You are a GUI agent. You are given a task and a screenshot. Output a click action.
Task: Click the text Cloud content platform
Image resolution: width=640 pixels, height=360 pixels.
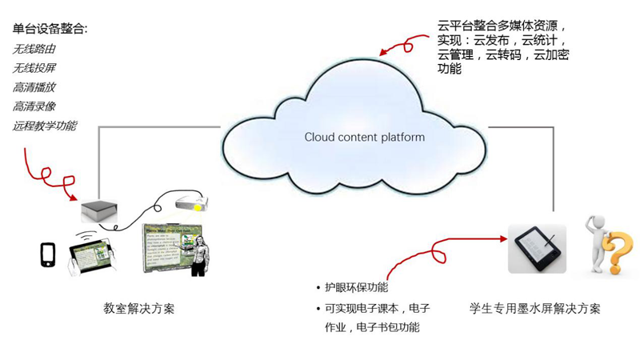pos(364,137)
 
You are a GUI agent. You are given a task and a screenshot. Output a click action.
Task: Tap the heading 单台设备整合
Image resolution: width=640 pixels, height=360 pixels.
pos(50,30)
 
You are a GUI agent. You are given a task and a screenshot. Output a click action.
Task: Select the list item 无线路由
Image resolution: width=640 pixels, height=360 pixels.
pos(34,49)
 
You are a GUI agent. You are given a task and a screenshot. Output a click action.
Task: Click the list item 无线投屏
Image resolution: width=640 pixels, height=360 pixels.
pos(34,68)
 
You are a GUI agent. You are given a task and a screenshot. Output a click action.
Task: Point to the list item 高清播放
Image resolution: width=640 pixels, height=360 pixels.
pos(34,87)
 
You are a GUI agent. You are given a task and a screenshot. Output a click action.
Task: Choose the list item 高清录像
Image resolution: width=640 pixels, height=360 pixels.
pos(34,106)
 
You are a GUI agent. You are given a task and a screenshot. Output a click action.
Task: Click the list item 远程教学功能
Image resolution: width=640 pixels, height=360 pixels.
pos(45,126)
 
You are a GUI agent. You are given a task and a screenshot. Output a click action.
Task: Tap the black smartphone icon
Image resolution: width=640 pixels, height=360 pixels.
pos(47,254)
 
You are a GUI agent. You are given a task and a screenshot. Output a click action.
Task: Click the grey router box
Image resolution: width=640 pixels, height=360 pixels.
pos(99,211)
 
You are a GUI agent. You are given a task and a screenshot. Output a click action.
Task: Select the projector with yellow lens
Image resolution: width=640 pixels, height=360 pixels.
pos(191,202)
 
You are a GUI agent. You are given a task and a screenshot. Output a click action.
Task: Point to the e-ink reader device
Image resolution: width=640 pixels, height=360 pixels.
pos(537,248)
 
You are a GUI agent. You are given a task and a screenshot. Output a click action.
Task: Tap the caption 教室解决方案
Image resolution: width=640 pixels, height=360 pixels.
pos(139,308)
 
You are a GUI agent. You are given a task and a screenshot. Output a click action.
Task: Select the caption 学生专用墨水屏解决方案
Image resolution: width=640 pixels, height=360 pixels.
pos(535,308)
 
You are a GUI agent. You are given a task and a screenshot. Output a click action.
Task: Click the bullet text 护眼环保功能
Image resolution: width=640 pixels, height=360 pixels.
pos(356,287)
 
